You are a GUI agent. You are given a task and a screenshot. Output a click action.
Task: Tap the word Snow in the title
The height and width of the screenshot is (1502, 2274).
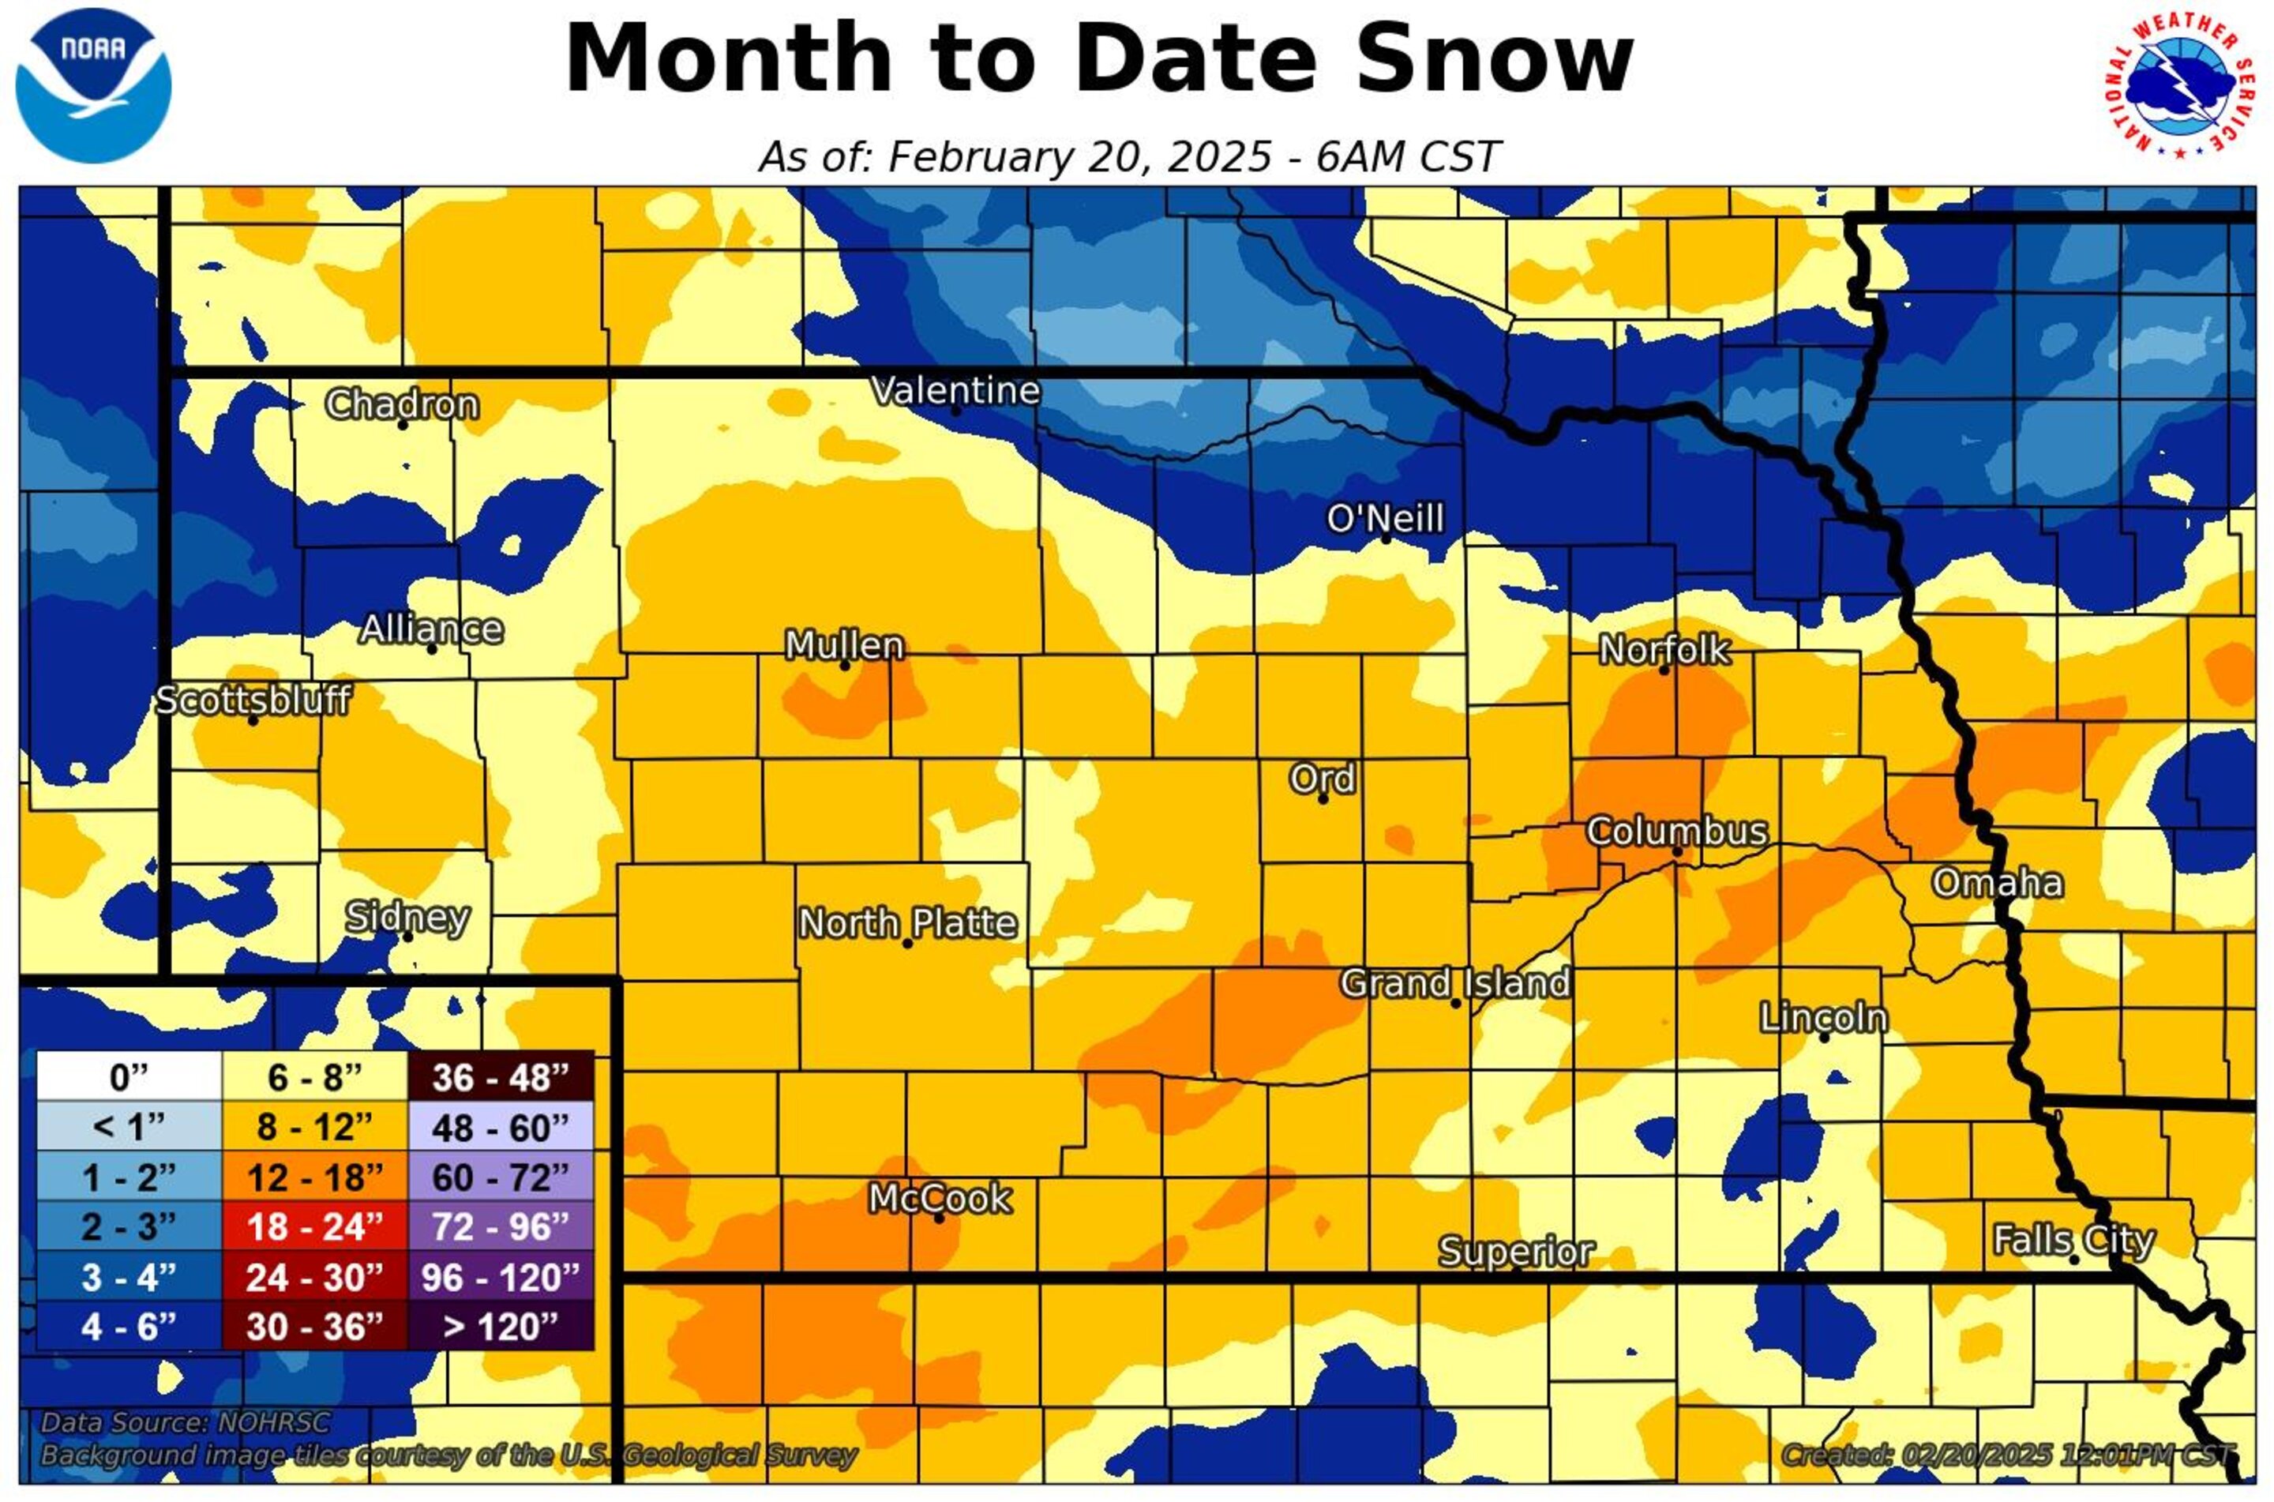1494,59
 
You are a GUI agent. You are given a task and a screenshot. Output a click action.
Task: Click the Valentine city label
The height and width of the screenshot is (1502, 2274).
955,390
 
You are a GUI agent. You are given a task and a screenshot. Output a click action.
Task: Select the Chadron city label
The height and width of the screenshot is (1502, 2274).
402,404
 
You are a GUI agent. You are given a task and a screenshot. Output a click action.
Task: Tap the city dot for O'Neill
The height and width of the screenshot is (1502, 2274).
1386,539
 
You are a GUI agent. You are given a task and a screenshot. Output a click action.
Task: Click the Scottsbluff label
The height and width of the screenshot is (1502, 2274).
253,700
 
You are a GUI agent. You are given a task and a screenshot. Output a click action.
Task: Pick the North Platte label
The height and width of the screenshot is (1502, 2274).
908,923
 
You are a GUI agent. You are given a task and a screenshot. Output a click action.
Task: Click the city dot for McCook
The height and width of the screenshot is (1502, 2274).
940,1218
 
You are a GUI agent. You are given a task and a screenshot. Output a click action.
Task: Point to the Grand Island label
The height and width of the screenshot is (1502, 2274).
1454,983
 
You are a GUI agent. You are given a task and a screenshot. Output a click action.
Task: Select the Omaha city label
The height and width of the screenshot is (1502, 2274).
1996,883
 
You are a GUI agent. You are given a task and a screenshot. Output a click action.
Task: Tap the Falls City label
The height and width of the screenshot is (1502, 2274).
2073,1241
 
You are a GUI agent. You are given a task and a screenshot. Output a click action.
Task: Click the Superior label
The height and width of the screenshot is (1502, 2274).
1516,1252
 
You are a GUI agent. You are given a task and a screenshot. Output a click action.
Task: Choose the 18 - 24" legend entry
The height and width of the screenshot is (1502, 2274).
315,1227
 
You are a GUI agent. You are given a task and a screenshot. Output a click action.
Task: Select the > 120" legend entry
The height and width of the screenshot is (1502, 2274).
501,1327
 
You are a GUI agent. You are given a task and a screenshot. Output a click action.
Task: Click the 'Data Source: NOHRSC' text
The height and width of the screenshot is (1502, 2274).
186,1422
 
